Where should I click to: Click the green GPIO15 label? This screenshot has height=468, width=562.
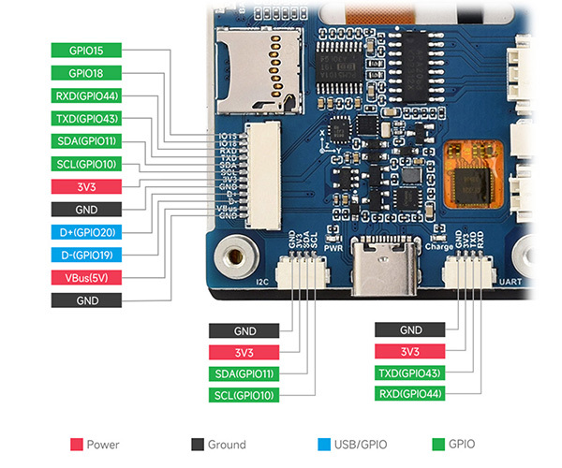click(x=86, y=51)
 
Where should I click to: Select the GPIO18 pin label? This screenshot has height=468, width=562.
click(x=86, y=73)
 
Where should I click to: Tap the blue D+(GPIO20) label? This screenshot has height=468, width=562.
click(x=86, y=232)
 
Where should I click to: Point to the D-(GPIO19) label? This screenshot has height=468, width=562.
click(x=86, y=255)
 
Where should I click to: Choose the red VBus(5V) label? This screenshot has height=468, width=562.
click(x=86, y=277)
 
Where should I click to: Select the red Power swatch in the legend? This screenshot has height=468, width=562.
click(x=77, y=445)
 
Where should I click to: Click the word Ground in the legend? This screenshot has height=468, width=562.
click(x=228, y=445)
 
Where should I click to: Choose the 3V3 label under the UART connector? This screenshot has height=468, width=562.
click(x=410, y=351)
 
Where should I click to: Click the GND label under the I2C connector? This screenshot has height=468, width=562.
click(x=244, y=330)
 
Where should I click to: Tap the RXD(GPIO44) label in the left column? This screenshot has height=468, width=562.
click(x=86, y=95)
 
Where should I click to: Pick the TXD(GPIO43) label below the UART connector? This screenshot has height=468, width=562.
click(x=410, y=373)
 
